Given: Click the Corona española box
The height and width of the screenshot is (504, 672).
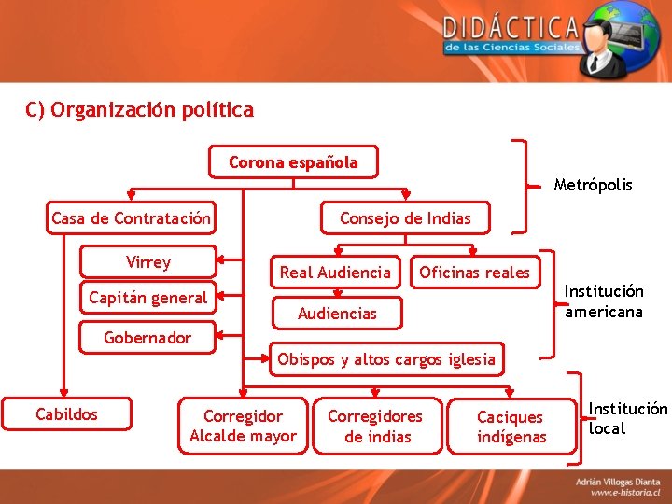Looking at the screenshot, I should (x=294, y=162).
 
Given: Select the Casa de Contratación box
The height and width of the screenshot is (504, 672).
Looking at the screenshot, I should (x=131, y=218).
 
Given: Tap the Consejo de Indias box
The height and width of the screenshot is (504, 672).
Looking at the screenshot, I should (x=405, y=218).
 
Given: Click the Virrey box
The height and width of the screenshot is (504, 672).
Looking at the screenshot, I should (x=148, y=262).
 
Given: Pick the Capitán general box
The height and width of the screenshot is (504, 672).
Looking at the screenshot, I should (x=147, y=298).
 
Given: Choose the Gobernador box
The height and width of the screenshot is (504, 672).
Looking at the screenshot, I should (x=147, y=338).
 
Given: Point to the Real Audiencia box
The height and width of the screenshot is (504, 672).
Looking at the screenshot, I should (x=336, y=273).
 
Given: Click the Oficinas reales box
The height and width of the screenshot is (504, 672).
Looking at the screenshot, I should (x=474, y=273).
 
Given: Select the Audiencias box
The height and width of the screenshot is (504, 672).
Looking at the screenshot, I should (x=337, y=314).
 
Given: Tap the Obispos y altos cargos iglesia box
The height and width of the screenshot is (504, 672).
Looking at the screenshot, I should (x=386, y=359).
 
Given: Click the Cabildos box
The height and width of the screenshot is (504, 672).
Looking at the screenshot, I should (x=66, y=414).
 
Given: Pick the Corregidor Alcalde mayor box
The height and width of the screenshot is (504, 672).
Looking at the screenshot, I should (x=243, y=426).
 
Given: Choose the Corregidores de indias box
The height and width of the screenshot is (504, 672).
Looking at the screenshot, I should (x=375, y=426).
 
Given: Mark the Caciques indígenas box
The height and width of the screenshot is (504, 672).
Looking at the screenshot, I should (x=511, y=427).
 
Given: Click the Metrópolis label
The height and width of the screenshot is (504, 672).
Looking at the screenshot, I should (x=593, y=185).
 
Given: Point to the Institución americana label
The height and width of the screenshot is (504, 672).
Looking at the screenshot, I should (x=604, y=301).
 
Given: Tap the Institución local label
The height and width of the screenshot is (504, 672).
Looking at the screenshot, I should (x=627, y=418).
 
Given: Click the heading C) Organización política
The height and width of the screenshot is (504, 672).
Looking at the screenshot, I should (x=140, y=110).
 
